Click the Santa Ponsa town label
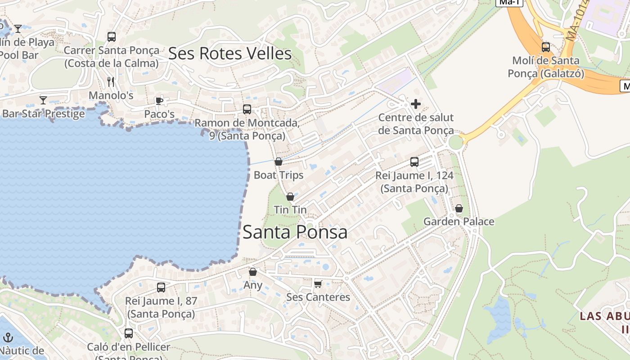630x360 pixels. [x=295, y=232]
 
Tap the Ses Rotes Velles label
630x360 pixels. [x=230, y=54]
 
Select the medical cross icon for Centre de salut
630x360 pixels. [x=416, y=104]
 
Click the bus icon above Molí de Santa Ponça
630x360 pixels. [x=546, y=47]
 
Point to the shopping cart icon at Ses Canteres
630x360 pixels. [x=318, y=283]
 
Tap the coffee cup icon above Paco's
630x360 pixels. [x=159, y=100]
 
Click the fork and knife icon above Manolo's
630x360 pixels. [x=111, y=81]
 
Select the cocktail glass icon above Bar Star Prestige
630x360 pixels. [x=43, y=100]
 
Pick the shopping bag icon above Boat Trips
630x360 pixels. [x=279, y=161]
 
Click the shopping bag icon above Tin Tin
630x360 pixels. [x=290, y=197]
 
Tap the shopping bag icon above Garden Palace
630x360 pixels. [x=459, y=208]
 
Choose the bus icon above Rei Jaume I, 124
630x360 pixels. [x=414, y=162]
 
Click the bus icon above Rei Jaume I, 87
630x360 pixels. [x=161, y=287]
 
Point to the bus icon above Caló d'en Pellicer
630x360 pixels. [x=129, y=333]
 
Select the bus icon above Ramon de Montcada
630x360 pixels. [x=247, y=109]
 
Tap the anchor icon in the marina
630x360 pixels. [x=8, y=337]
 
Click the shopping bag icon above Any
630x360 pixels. [x=253, y=272]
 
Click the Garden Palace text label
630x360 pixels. [x=459, y=221]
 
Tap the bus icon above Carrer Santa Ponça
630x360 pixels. [x=112, y=36]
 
